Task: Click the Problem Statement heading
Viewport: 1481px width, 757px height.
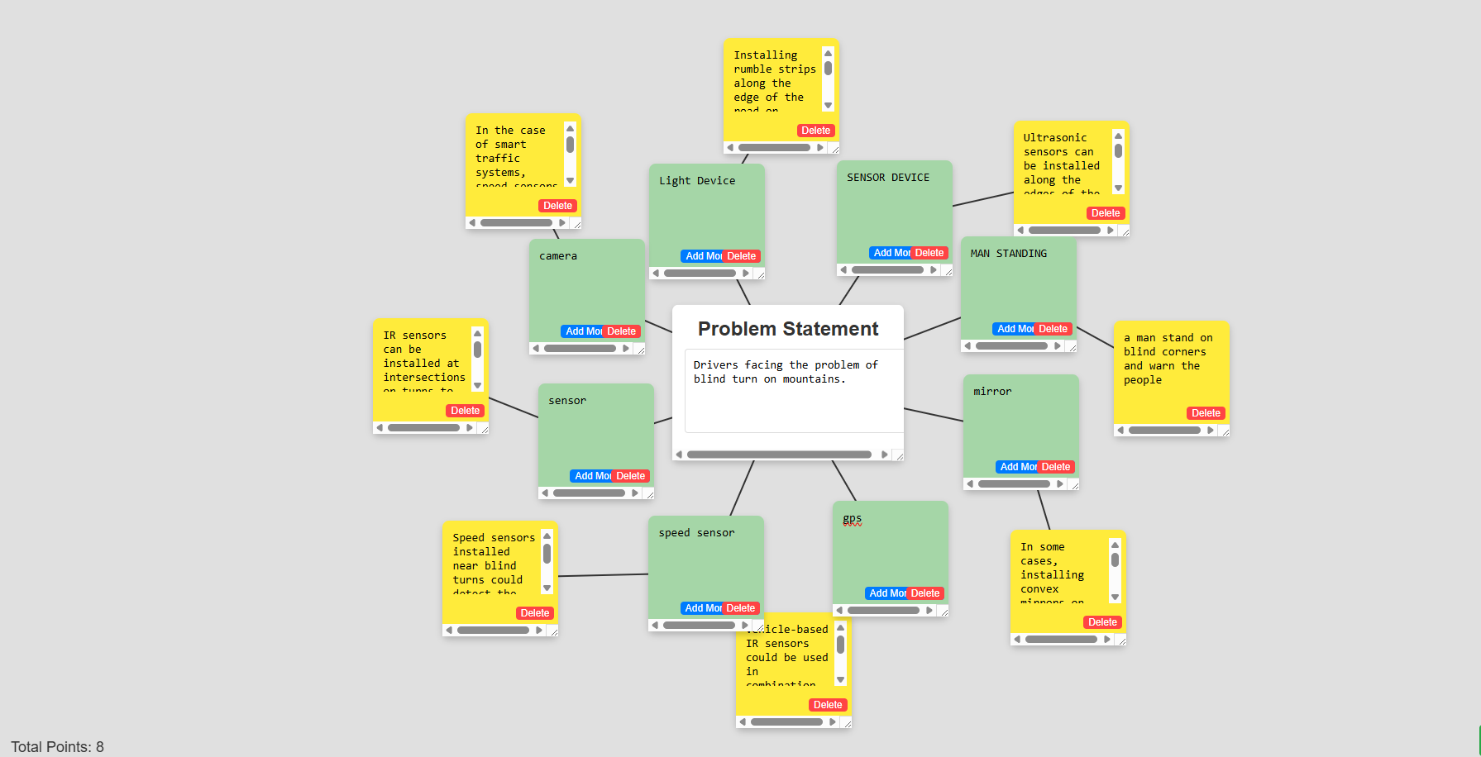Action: [788, 329]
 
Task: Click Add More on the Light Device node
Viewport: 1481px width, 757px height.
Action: [702, 256]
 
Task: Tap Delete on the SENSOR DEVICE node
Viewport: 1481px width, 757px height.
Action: [929, 253]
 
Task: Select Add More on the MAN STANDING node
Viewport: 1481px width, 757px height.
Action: [1014, 329]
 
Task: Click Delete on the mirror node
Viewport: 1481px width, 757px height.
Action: [1055, 467]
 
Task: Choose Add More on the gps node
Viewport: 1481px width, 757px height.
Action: [886, 593]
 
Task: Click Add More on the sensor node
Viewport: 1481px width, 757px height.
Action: [591, 476]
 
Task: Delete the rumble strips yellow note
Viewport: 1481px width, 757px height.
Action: [815, 131]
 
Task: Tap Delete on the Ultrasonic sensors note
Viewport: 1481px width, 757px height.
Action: [1106, 213]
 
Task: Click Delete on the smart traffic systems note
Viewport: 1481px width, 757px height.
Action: [557, 206]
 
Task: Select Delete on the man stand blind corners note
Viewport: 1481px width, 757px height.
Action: [1206, 413]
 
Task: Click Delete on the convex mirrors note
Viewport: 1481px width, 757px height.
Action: [1102, 622]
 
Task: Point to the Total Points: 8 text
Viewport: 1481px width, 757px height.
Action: [57, 747]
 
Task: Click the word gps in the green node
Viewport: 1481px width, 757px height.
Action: [852, 519]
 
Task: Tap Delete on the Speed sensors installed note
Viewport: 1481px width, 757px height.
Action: [534, 613]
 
